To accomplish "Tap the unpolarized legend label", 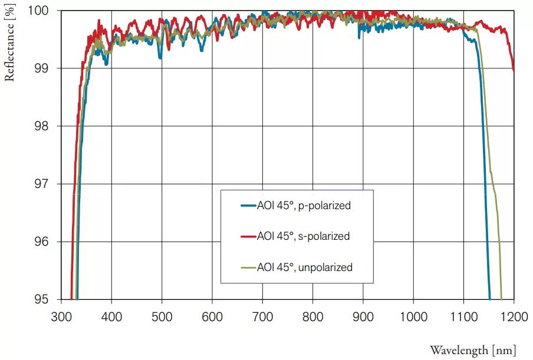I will pos(305,267).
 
